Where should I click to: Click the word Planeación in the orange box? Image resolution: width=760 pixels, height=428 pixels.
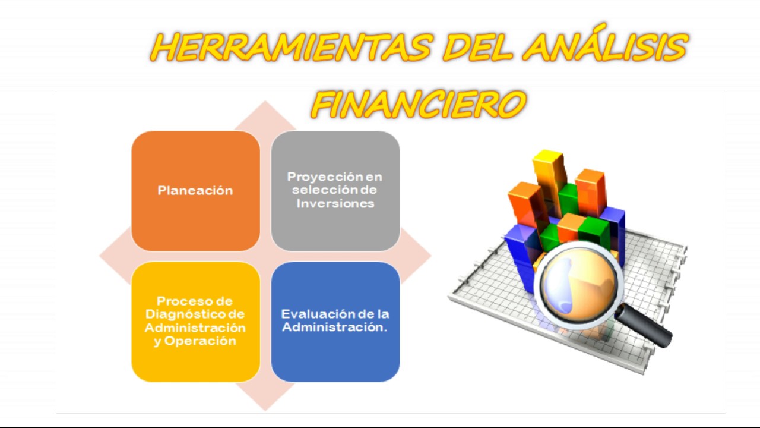(195, 191)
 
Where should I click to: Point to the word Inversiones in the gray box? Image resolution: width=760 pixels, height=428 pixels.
(335, 203)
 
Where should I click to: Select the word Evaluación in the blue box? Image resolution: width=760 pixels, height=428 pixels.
(310, 314)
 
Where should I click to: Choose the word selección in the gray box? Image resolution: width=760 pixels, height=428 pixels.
(318, 190)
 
